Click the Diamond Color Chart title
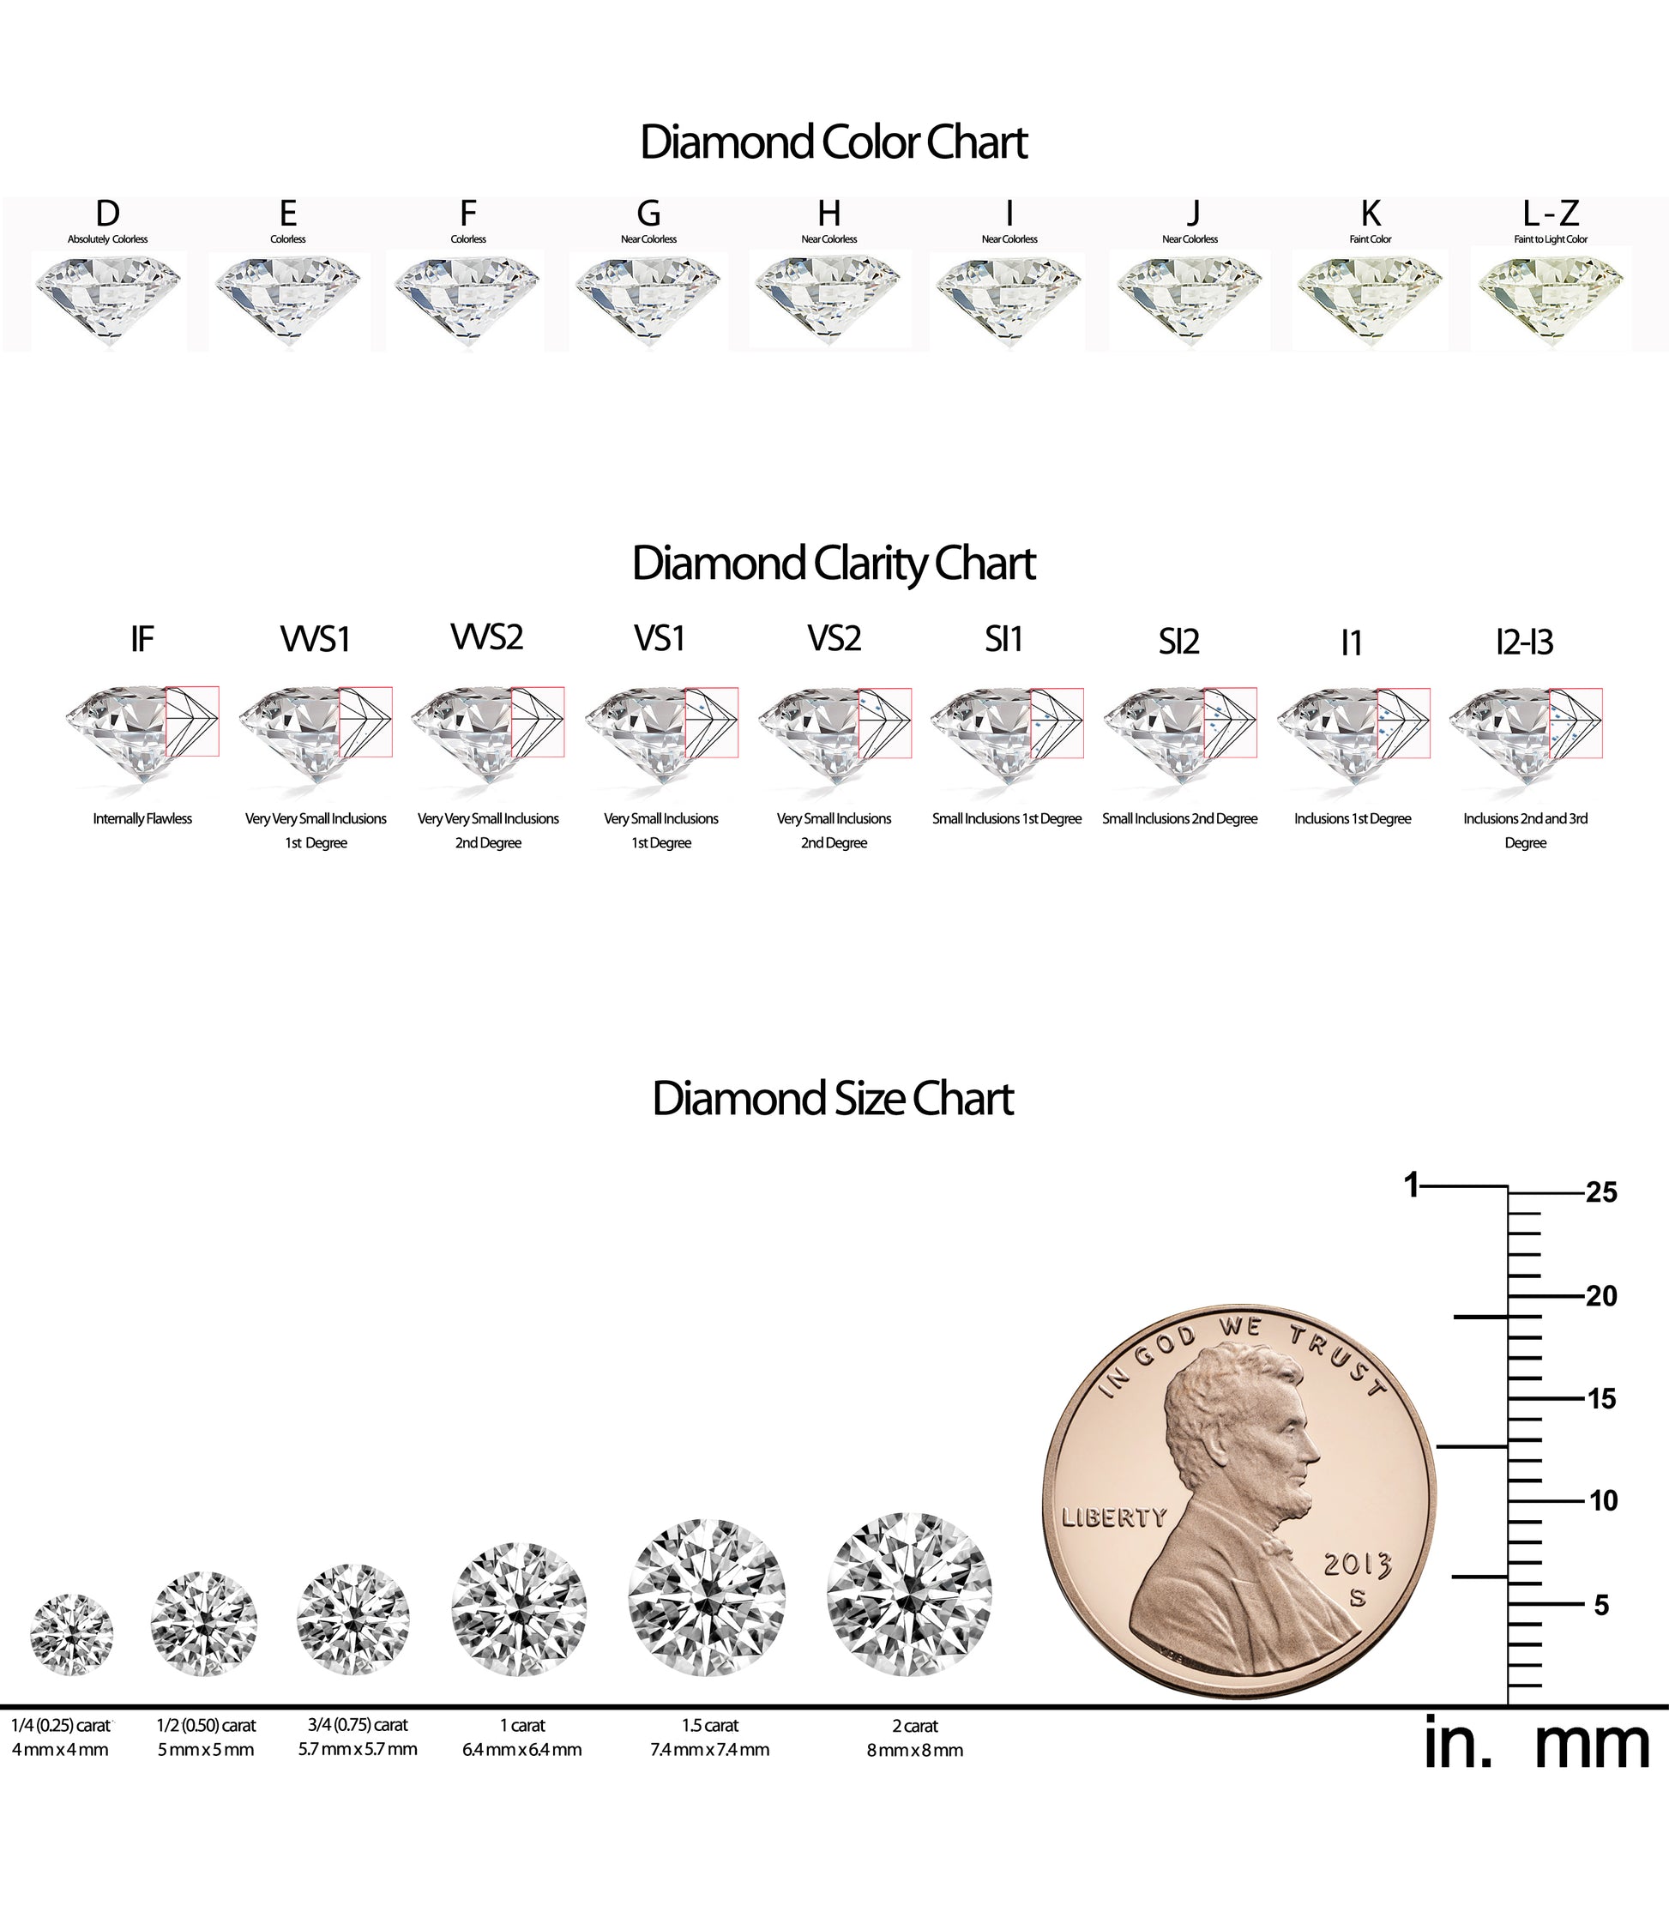click(x=834, y=142)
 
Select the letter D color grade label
click(x=107, y=214)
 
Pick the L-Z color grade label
click(x=1551, y=214)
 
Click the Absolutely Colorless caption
click(x=107, y=239)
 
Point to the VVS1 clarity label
click(x=315, y=640)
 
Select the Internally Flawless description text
click(x=142, y=818)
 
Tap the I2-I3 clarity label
click(x=1525, y=642)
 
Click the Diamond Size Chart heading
click(x=833, y=1099)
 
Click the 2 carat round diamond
click(x=910, y=1595)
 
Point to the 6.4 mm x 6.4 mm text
click(x=521, y=1750)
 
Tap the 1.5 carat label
click(x=709, y=1726)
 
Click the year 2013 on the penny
click(x=1357, y=1564)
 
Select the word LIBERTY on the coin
click(x=1114, y=1517)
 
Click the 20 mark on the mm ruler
click(x=1601, y=1295)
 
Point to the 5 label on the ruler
click(x=1601, y=1605)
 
